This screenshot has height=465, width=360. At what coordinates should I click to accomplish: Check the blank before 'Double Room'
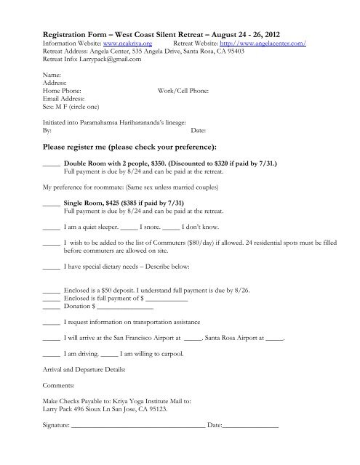[x=51, y=164]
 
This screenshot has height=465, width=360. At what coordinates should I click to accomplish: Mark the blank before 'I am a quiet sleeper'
[x=51, y=227]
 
